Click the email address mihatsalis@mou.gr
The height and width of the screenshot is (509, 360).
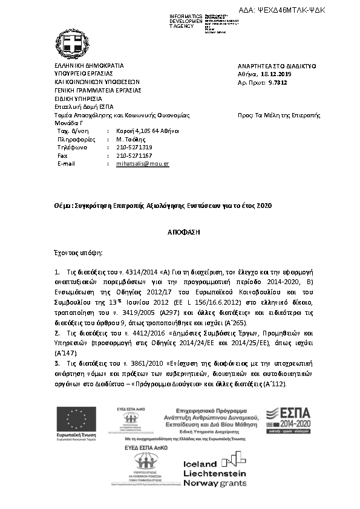point(142,164)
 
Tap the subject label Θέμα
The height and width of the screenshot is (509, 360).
point(63,206)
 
